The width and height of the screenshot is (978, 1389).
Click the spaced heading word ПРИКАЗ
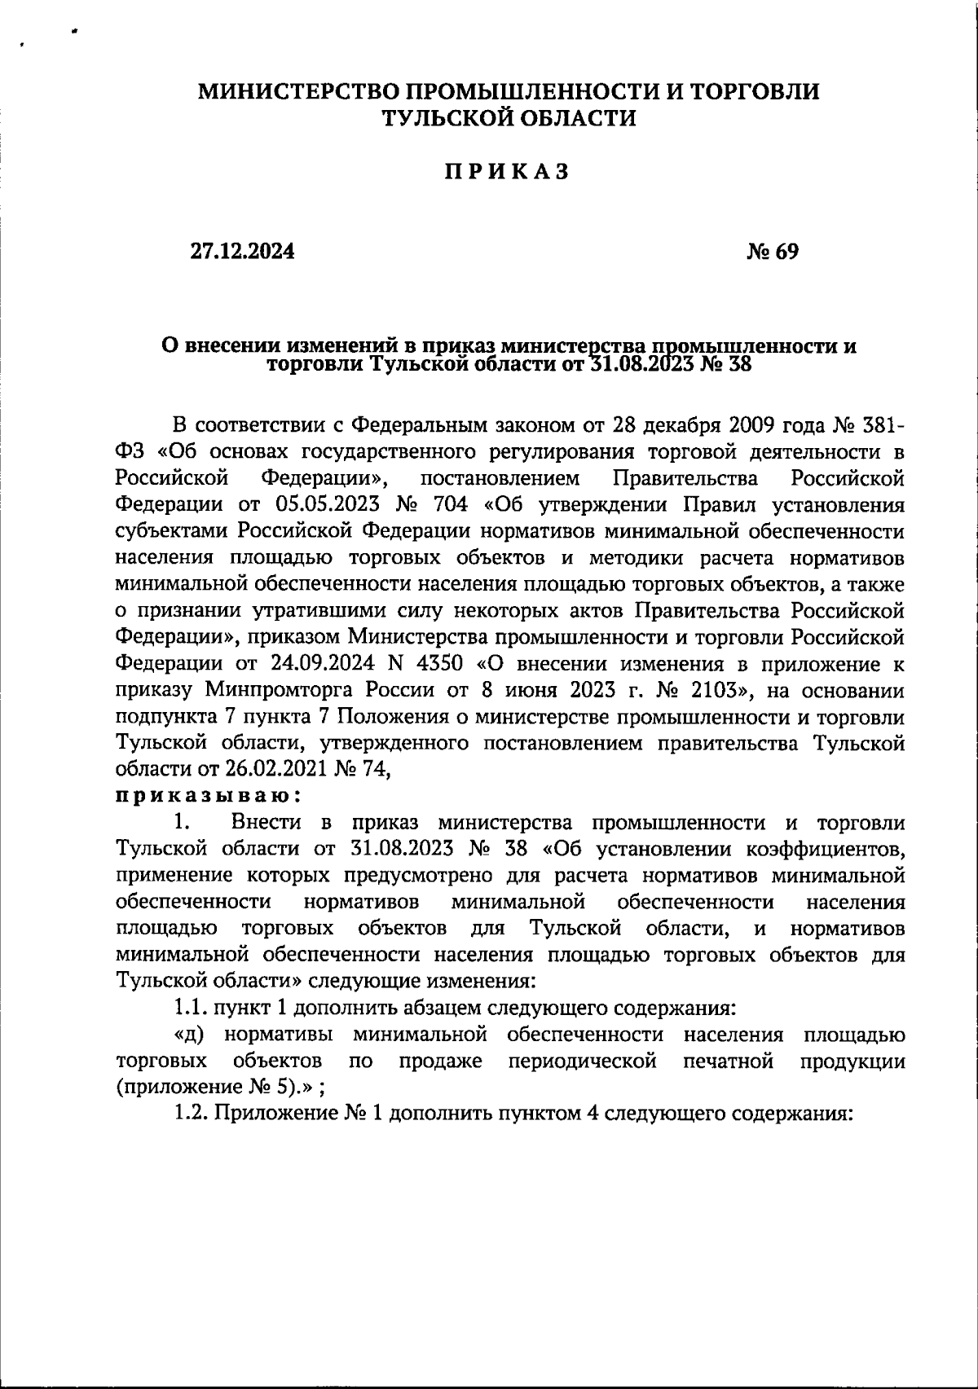point(505,172)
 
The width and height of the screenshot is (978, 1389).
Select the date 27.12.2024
point(243,252)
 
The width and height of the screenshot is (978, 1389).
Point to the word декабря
point(684,425)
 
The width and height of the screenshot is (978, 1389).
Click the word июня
point(529,691)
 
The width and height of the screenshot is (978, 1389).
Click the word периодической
point(582,1062)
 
